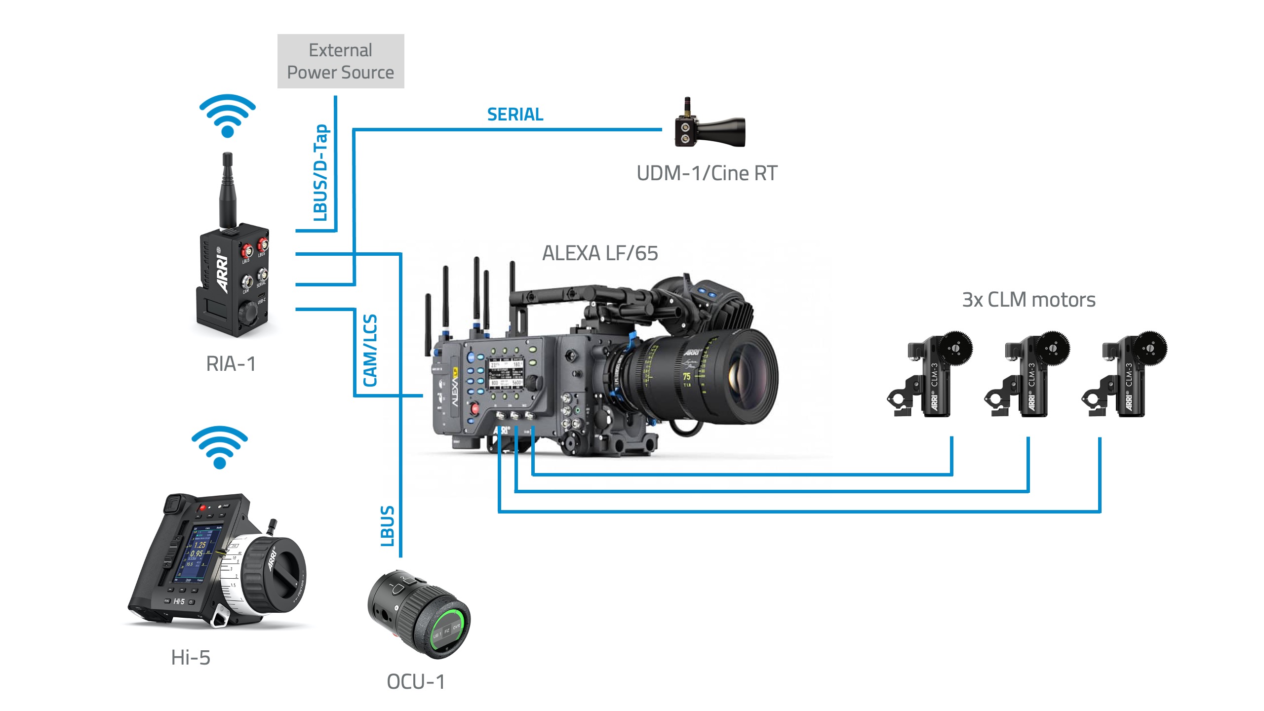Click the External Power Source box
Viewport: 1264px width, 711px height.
(x=341, y=61)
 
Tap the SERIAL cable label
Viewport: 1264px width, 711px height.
(x=515, y=115)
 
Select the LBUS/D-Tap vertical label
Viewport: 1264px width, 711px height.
(x=321, y=173)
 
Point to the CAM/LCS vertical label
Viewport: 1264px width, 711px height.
(x=370, y=351)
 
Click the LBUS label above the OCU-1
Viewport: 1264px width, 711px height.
(x=388, y=526)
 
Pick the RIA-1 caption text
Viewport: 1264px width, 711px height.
(x=231, y=364)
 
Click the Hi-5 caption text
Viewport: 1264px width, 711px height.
(x=191, y=658)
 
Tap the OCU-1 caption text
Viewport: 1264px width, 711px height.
(x=416, y=682)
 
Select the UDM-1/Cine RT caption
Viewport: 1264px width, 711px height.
(x=707, y=173)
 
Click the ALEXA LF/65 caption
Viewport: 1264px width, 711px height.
(x=600, y=253)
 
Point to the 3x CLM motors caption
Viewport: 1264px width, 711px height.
(x=1028, y=300)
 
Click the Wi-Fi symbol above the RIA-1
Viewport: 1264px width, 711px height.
(x=228, y=116)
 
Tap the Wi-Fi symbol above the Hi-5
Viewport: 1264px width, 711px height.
(x=220, y=447)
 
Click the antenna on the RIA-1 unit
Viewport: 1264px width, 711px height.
(x=227, y=188)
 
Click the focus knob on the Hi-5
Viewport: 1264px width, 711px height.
(x=274, y=573)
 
